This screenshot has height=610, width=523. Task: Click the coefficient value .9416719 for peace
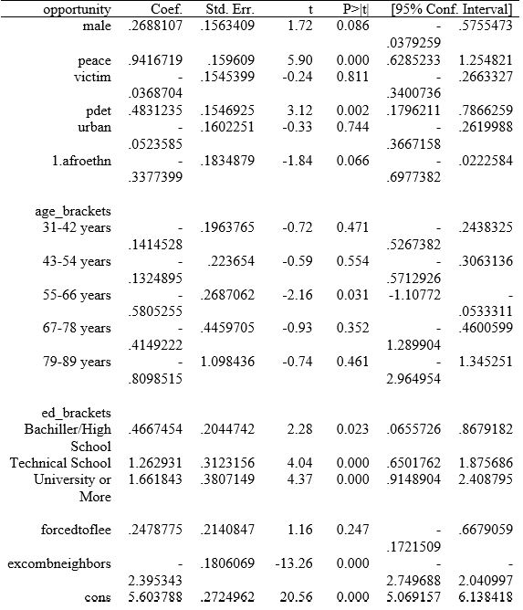click(x=157, y=60)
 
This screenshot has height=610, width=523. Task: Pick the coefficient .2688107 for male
click(x=157, y=26)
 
